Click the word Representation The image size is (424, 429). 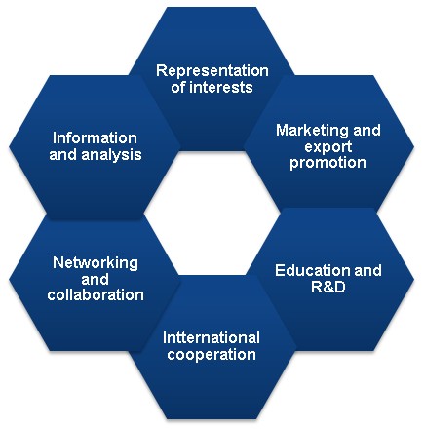[212, 71]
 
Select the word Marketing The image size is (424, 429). [312, 131]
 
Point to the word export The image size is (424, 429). [328, 147]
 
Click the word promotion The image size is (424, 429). [328, 163]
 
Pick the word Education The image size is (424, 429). [312, 270]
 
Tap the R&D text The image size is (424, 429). [328, 287]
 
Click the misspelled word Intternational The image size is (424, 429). [212, 338]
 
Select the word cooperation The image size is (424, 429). [212, 354]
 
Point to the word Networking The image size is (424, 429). [96, 263]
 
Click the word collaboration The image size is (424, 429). [96, 295]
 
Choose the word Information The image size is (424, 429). [95, 138]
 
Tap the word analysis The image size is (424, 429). [111, 155]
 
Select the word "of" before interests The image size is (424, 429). [178, 88]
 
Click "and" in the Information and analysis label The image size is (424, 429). [63, 155]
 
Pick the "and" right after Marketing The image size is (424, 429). [366, 131]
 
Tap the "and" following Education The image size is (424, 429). [367, 270]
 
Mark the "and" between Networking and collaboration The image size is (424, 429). [95, 279]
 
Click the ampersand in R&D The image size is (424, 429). [328, 287]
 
